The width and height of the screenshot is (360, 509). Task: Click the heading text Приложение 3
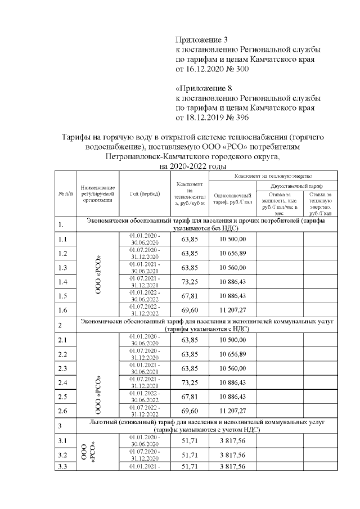(202, 40)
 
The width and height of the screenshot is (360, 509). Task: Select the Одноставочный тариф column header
(232, 199)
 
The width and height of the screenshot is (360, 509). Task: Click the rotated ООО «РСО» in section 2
(98, 376)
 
